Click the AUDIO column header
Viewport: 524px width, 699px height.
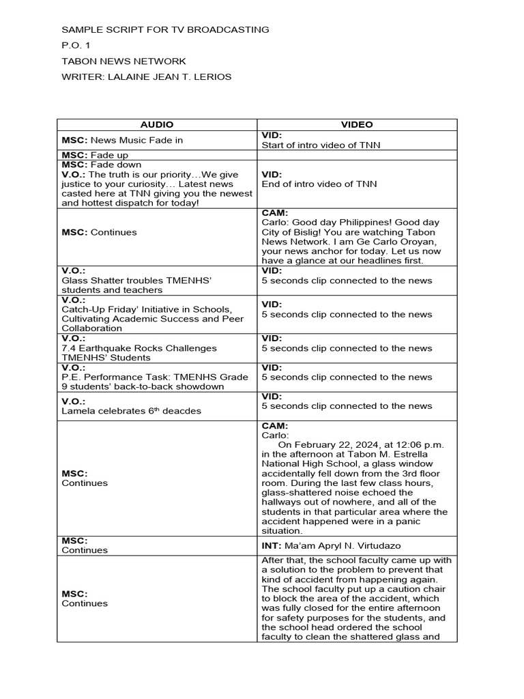pyautogui.click(x=157, y=125)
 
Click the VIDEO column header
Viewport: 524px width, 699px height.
pyautogui.click(x=357, y=125)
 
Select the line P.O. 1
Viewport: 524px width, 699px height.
pyautogui.click(x=76, y=46)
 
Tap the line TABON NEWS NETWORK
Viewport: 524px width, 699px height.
pyautogui.click(x=123, y=61)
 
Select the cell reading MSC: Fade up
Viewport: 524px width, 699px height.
pyautogui.click(x=95, y=155)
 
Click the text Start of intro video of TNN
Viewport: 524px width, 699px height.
pyautogui.click(x=321, y=145)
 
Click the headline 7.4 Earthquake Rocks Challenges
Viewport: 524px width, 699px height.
pyautogui.click(x=139, y=348)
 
